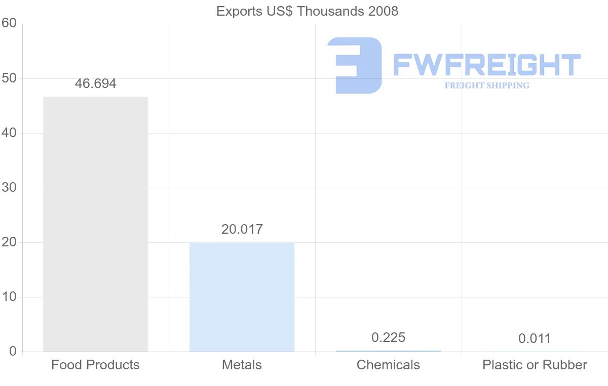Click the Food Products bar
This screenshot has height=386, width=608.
click(x=95, y=224)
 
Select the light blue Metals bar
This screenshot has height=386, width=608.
click(x=242, y=297)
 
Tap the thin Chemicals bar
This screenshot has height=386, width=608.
click(x=388, y=351)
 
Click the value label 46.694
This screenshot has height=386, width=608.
click(x=95, y=84)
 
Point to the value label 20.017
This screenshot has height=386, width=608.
click(x=242, y=229)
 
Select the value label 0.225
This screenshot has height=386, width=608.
click(x=389, y=337)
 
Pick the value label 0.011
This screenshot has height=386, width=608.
click(x=535, y=338)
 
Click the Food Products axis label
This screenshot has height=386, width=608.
click(x=95, y=365)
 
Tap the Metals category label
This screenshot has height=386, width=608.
click(x=242, y=365)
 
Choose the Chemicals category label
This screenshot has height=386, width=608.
click(x=388, y=365)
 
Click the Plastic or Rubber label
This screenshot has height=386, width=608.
click(x=535, y=365)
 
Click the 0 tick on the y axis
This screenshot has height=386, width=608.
click(x=13, y=352)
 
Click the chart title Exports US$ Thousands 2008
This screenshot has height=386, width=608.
click(x=307, y=11)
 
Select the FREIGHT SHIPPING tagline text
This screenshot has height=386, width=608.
click(x=487, y=85)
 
